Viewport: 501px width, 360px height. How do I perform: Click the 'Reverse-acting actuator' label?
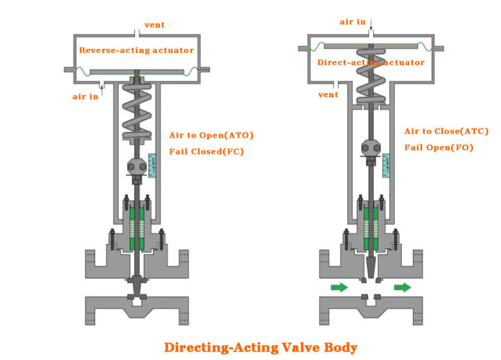pos(136,50)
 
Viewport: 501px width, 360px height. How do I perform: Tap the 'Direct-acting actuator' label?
pos(371,63)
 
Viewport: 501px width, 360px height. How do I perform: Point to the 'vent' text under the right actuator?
pos(327,95)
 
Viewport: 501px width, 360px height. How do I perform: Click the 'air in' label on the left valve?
pos(85,97)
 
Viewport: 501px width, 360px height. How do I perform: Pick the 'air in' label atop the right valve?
pos(352,22)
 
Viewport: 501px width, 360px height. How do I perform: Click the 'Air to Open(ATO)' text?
pos(211,135)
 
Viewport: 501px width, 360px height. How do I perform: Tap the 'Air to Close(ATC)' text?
pos(446,131)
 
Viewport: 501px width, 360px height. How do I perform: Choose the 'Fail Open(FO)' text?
pos(438,147)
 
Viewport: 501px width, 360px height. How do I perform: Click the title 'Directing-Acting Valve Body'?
pos(260,346)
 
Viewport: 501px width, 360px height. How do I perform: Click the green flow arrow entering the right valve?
pos(339,287)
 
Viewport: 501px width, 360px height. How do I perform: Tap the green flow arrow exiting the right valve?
pos(402,287)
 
